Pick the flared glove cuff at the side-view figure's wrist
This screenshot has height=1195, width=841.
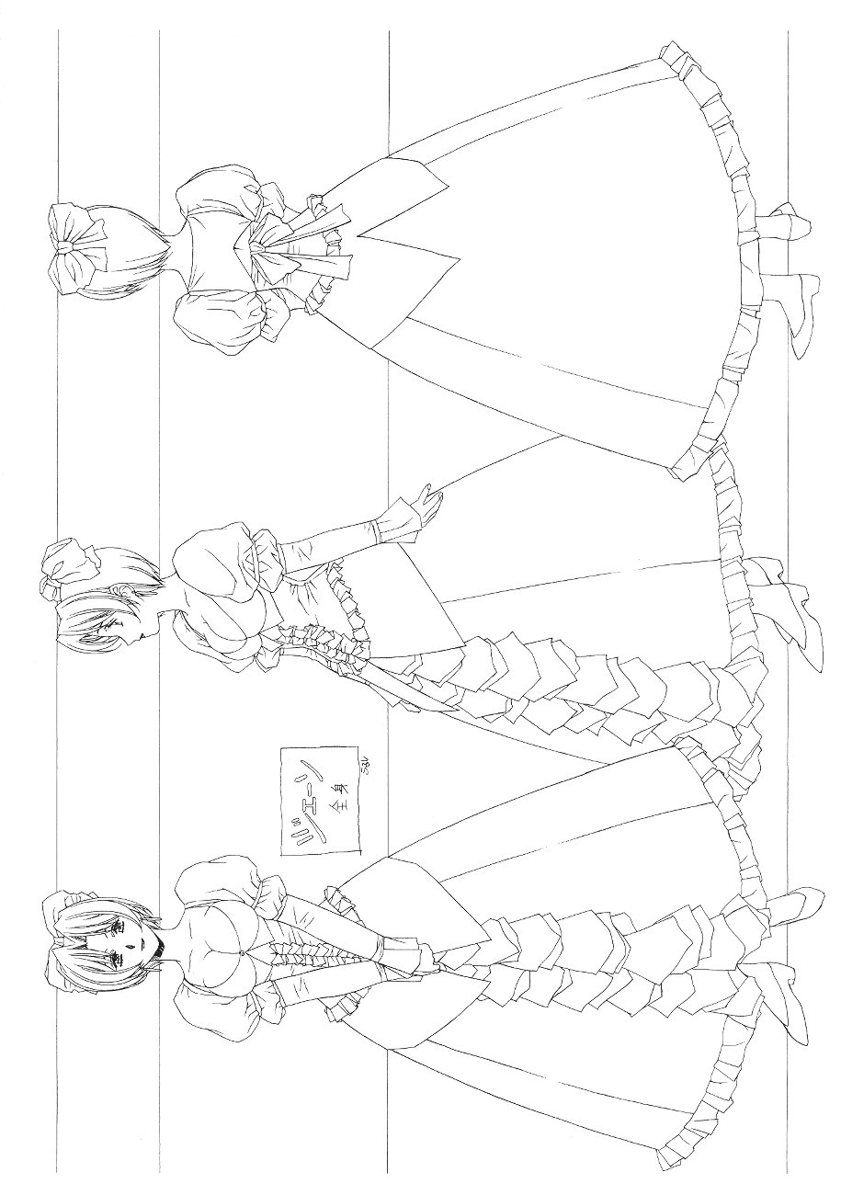click(391, 522)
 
